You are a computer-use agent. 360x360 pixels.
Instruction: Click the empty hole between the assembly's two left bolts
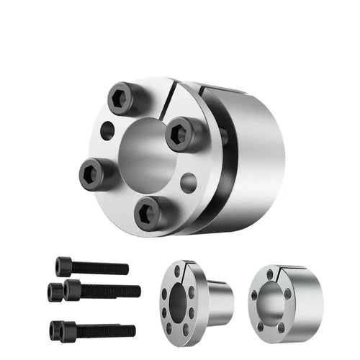tap(107, 131)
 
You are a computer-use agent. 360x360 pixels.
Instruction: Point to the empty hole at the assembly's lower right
tap(188, 179)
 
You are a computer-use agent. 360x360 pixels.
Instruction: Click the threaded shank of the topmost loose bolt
tap(101, 269)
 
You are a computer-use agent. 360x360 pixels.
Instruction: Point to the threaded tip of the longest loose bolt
tap(135, 291)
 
